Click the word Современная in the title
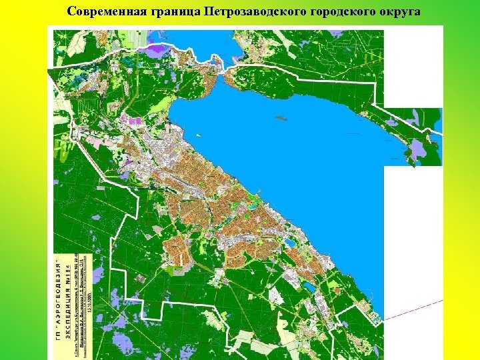102,12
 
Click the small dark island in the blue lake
280,119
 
